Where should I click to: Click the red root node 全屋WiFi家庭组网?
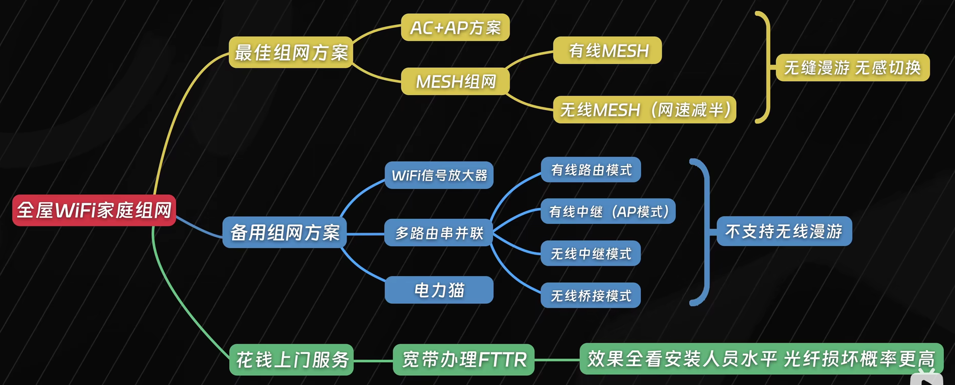[94, 210]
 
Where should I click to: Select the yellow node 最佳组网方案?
[291, 52]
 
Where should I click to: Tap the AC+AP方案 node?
[456, 28]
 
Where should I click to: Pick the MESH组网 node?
[456, 82]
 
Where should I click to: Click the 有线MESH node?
[607, 50]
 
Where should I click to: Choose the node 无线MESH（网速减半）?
[645, 110]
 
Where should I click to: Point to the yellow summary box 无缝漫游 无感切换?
[853, 68]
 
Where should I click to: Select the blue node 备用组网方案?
[285, 233]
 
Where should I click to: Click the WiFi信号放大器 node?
[439, 175]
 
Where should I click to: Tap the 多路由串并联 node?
[439, 233]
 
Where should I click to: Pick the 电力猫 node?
[439, 290]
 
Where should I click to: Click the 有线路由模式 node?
[591, 170]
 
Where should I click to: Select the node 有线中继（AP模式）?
[608, 212]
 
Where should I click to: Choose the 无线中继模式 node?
[591, 253]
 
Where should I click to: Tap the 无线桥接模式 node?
[591, 295]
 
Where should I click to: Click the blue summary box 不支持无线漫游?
[784, 232]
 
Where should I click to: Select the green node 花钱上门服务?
[291, 360]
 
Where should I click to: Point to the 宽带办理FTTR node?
[464, 360]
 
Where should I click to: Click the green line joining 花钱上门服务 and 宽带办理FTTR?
[373, 361]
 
